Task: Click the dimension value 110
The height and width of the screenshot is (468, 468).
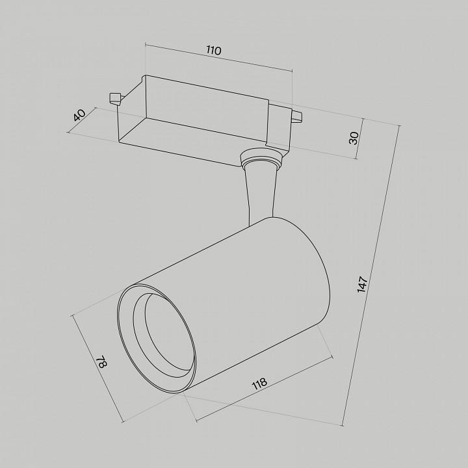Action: click(214, 51)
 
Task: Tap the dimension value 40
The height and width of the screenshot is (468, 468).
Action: click(80, 115)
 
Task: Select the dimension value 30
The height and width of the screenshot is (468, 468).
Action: click(354, 138)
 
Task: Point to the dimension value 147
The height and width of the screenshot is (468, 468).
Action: click(362, 285)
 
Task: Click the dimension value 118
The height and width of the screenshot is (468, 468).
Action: click(259, 384)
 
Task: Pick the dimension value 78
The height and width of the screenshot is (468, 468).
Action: click(101, 361)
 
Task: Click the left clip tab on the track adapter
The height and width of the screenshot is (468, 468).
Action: click(115, 99)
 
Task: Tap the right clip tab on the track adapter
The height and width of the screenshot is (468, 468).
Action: click(297, 116)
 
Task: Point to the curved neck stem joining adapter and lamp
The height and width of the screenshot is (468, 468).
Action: click(260, 194)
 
